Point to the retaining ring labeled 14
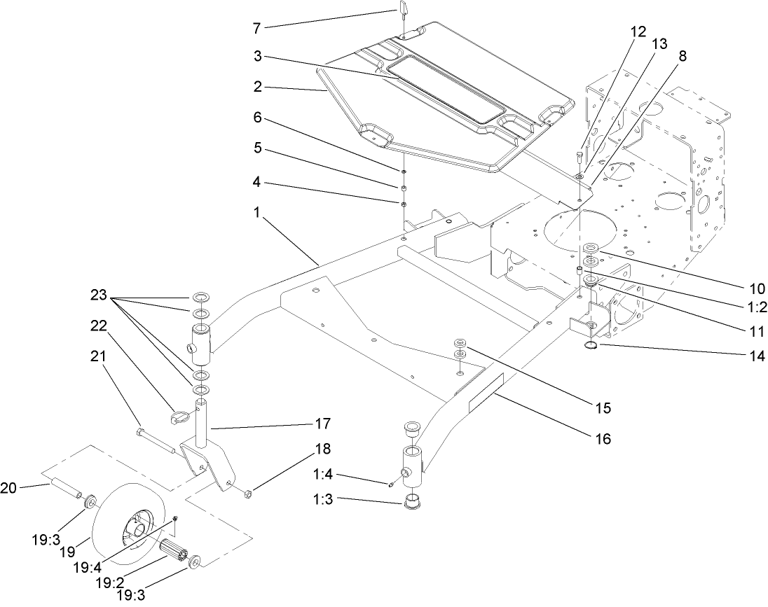[593, 344]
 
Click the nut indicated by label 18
[247, 496]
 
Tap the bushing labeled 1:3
[411, 503]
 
